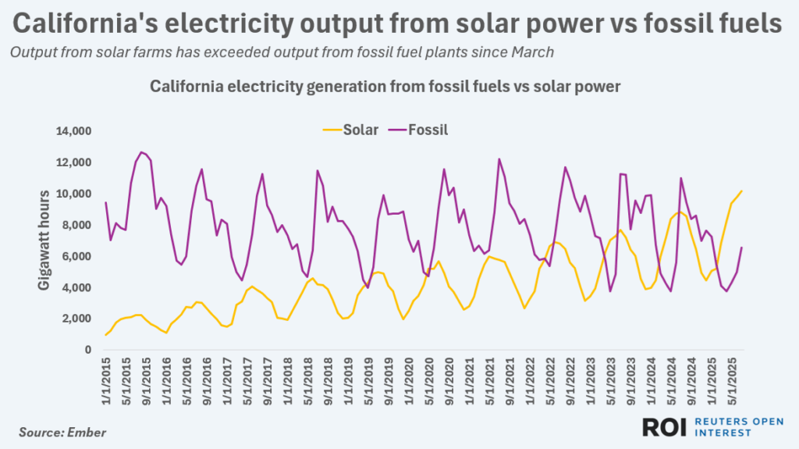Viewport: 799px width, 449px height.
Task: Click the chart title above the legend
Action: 385,87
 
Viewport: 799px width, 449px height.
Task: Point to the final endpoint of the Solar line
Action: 741,191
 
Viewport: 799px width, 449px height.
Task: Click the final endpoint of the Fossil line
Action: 741,248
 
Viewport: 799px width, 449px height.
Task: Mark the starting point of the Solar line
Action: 105,335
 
